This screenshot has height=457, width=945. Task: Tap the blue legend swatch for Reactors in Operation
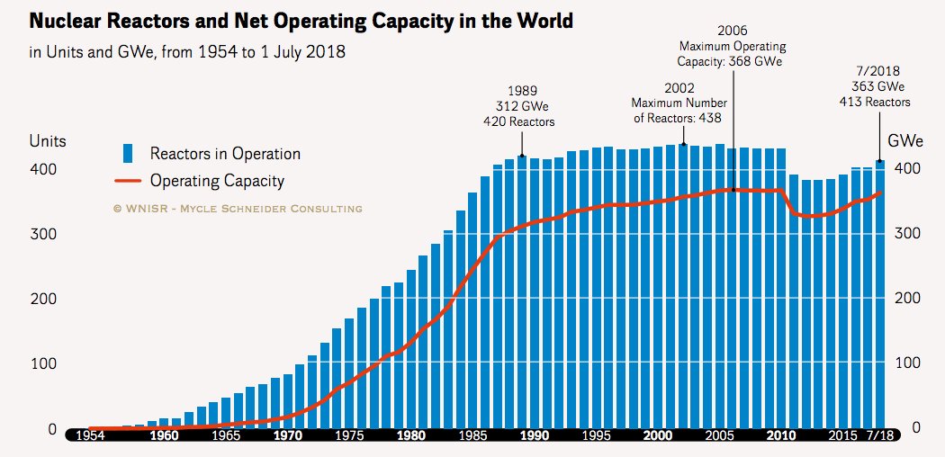coord(128,154)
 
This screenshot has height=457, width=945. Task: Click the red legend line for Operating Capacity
coord(128,182)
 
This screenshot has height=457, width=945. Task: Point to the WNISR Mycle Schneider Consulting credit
coord(238,209)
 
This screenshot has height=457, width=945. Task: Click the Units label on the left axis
coord(48,141)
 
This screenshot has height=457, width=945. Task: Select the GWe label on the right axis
coord(903,141)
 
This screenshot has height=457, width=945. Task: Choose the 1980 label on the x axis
coord(411,436)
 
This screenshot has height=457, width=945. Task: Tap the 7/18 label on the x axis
coord(879,436)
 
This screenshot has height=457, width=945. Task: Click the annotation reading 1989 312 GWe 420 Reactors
coord(523,106)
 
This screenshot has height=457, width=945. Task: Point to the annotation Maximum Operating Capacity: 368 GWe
coord(732,46)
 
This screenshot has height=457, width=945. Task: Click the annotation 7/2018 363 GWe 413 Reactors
coord(879,86)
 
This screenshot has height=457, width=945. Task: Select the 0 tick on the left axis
coord(50,428)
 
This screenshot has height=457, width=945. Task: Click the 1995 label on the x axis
coord(597,436)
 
